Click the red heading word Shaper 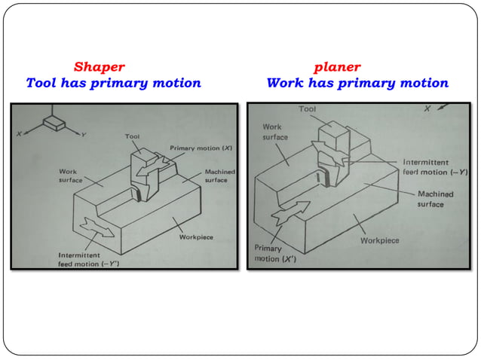pyautogui.click(x=99, y=67)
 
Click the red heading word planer pyautogui.click(x=337, y=67)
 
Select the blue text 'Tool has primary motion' pyautogui.click(x=113, y=83)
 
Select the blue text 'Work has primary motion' pyautogui.click(x=357, y=83)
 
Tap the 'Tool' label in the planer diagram pyautogui.click(x=308, y=109)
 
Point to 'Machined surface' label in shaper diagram pyautogui.click(x=219, y=176)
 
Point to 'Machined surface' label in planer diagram pyautogui.click(x=436, y=199)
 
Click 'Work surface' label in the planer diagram pyautogui.click(x=275, y=133)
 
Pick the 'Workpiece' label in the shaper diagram pyautogui.click(x=198, y=236)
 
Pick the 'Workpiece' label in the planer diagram pyautogui.click(x=380, y=241)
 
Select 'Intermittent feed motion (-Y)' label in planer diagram pyautogui.click(x=432, y=166)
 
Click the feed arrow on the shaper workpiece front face pyautogui.click(x=99, y=224)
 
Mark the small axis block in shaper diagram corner pyautogui.click(x=53, y=121)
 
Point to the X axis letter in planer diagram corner pyautogui.click(x=427, y=109)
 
